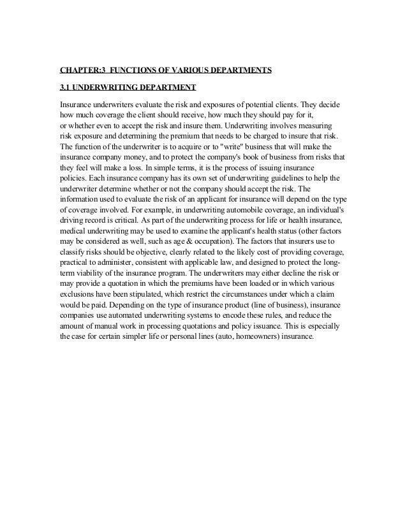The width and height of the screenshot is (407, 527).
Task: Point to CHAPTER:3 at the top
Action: click(81, 70)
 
